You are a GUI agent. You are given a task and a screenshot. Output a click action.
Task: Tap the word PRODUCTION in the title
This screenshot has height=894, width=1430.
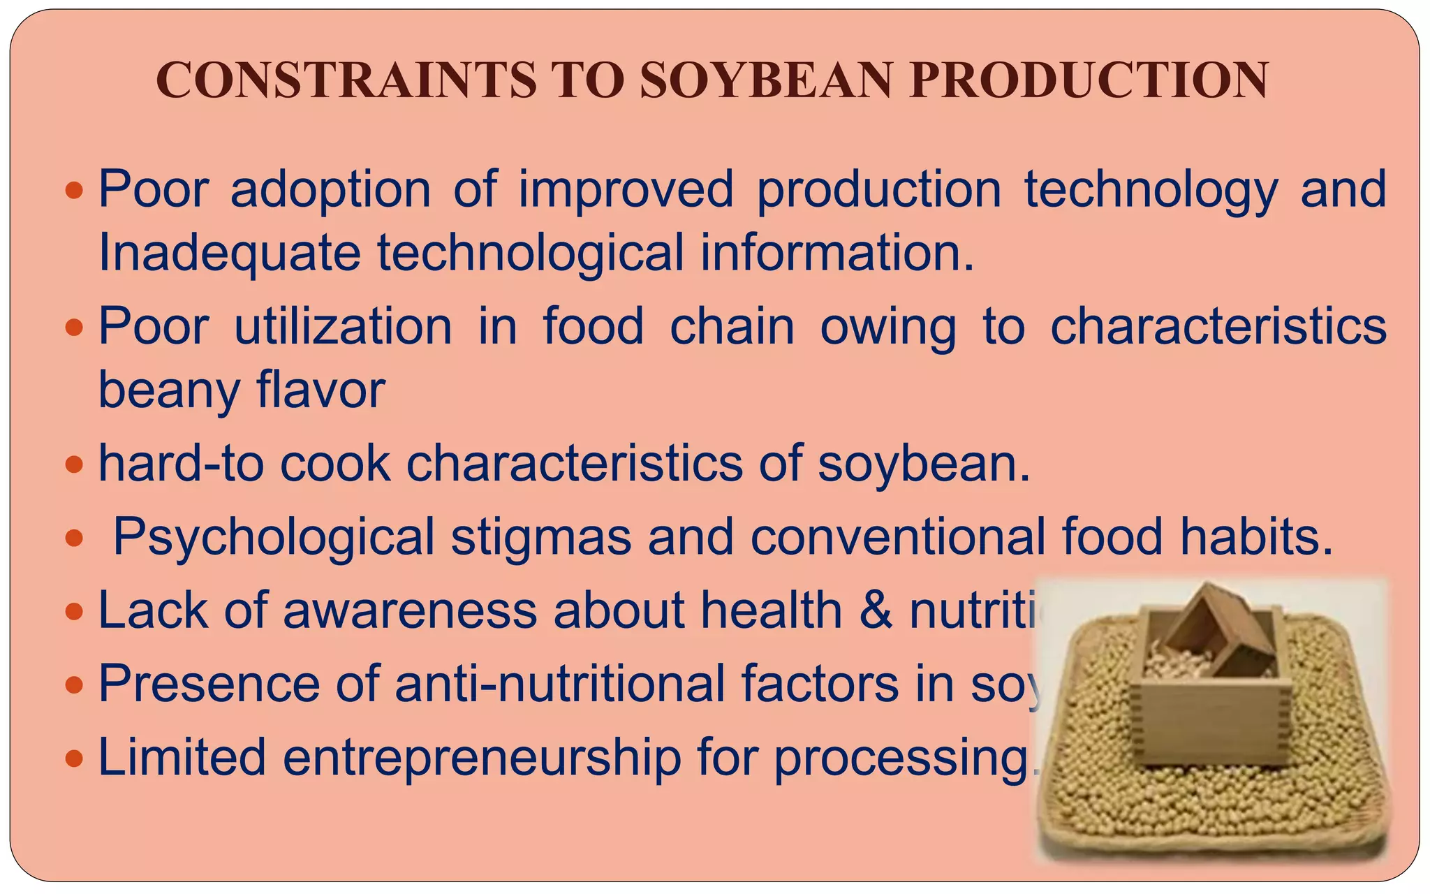point(1089,80)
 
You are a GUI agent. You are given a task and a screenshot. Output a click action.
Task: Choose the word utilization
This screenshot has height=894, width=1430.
point(343,326)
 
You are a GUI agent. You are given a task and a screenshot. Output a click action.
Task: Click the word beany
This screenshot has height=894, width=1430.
point(168,390)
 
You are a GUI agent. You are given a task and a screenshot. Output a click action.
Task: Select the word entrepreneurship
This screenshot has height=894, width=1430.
point(482,757)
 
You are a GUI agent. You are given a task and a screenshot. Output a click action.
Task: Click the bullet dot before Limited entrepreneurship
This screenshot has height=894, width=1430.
point(73,759)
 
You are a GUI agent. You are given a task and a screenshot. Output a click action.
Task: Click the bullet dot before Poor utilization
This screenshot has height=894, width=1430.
point(73,327)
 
